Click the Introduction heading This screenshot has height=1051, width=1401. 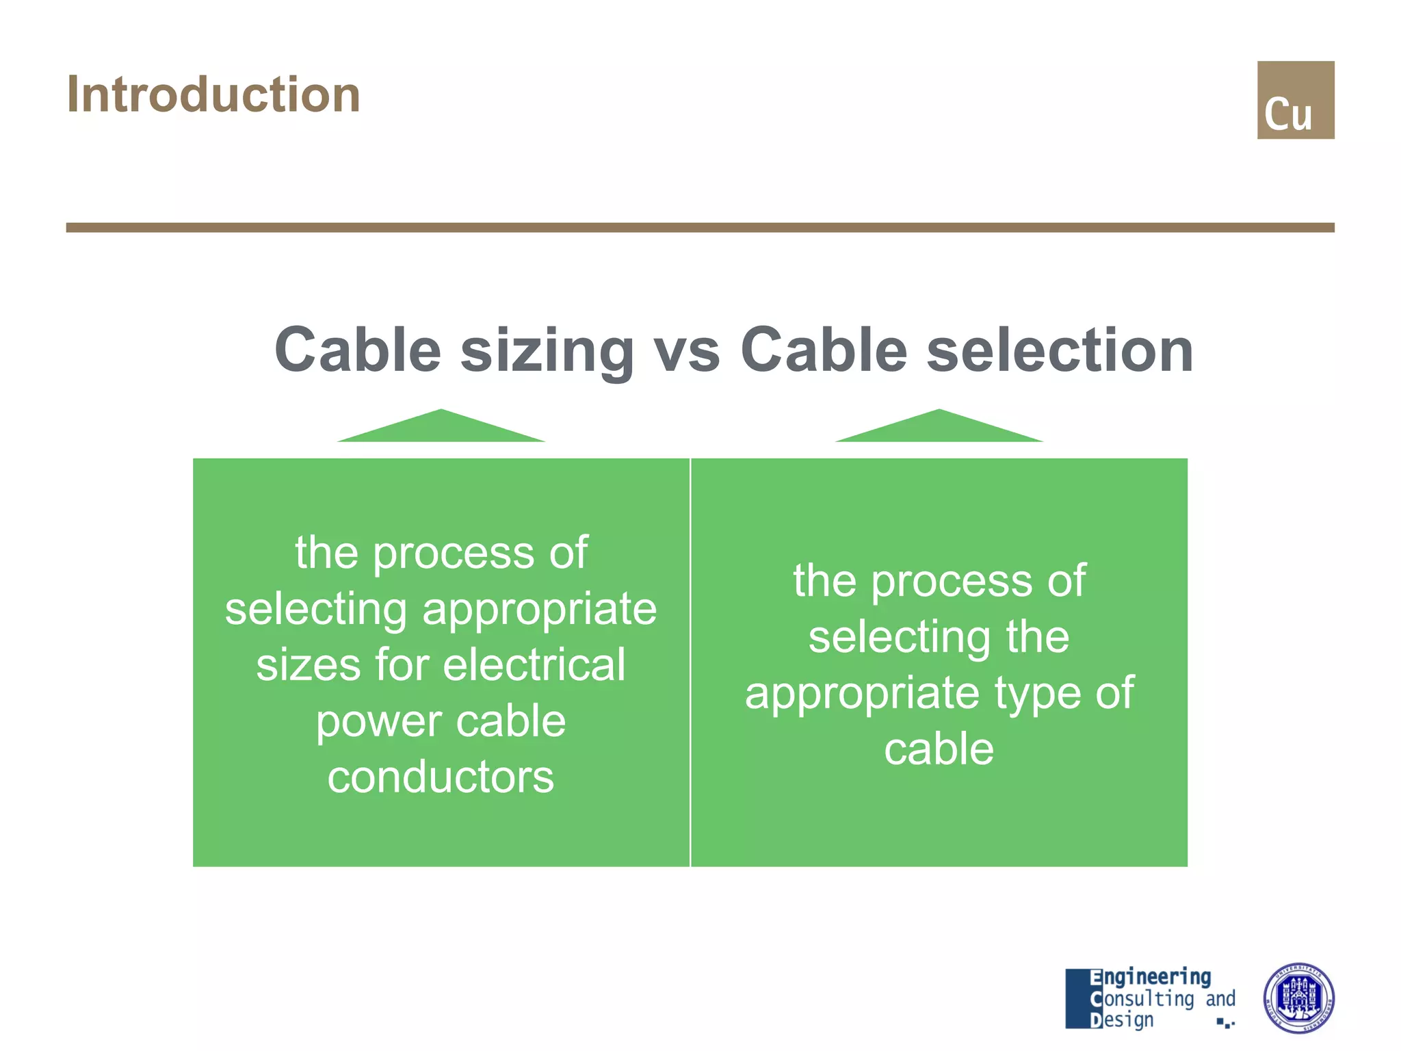213,94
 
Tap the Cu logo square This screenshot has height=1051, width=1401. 1295,100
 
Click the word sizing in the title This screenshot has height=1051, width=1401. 547,351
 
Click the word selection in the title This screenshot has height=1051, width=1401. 1060,350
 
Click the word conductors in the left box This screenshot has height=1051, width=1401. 441,777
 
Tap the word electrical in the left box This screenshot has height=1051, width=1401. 534,664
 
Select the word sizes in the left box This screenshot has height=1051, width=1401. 308,664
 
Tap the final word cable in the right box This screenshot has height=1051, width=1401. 939,749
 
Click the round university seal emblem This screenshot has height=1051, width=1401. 1298,998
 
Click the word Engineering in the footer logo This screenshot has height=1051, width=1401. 1151,976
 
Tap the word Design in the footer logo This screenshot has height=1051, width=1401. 1122,1020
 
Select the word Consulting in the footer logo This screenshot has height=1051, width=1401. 1142,998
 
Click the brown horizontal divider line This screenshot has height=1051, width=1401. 700,227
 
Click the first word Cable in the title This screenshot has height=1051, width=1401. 358,350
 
